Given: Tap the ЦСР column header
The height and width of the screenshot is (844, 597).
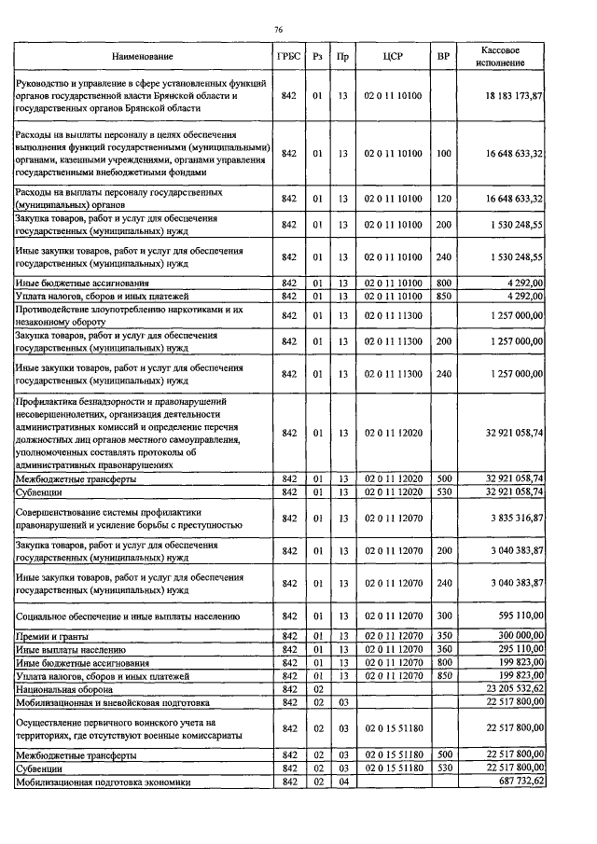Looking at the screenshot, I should (392, 57).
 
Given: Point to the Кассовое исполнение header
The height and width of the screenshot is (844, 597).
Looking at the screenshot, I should (500, 56).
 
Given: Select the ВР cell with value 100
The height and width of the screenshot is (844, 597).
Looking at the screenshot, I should (443, 153).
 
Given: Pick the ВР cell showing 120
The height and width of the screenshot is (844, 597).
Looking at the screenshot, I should (443, 199).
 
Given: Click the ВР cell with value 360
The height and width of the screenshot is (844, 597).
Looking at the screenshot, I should (443, 648).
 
